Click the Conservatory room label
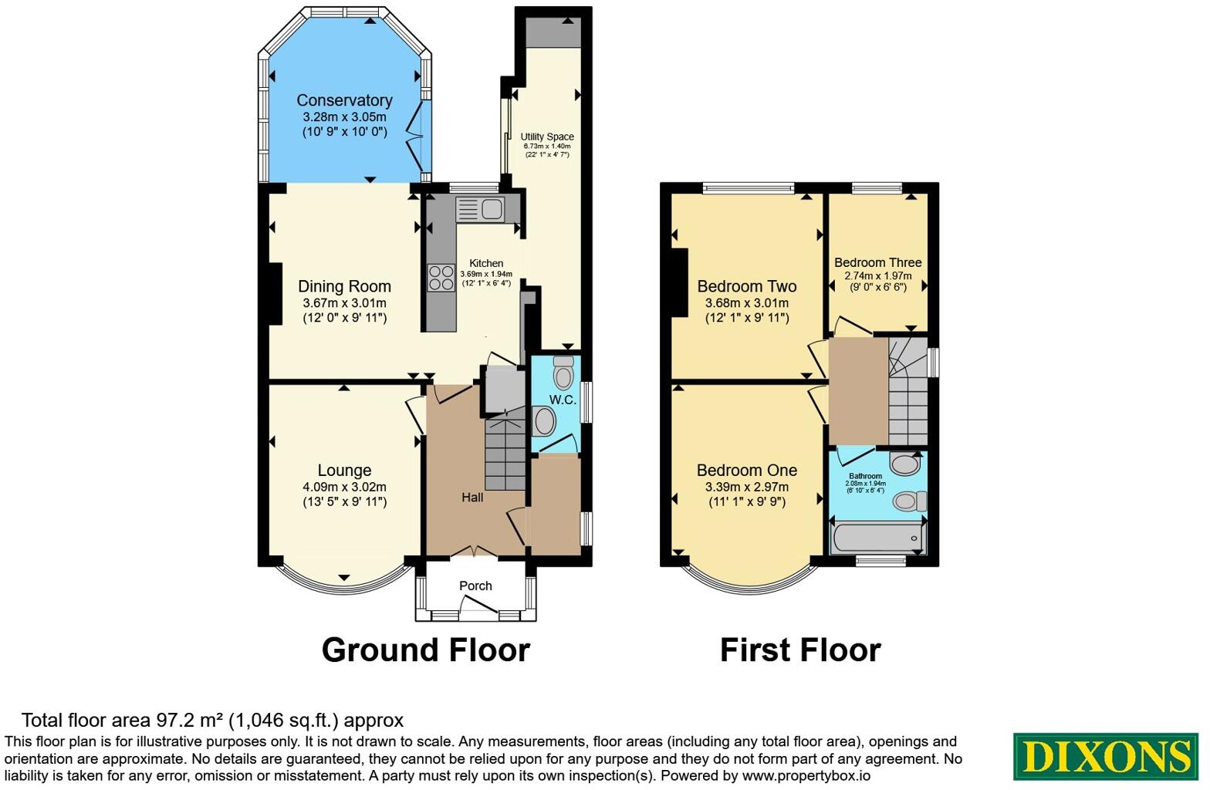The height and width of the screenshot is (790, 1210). [x=344, y=100]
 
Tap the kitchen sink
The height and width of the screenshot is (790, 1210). [x=480, y=209]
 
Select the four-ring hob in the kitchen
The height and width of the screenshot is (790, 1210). [x=441, y=278]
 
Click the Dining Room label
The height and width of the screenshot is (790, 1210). [x=344, y=286]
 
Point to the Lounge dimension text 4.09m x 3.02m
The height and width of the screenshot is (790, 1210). [x=344, y=487]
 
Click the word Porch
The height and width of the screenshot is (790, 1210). [x=475, y=586]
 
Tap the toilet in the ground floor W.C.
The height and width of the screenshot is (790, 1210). [x=563, y=372]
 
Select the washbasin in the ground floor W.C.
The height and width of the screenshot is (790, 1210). [x=543, y=421]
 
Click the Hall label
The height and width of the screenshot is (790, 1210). [x=472, y=498]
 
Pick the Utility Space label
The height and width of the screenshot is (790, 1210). [x=547, y=137]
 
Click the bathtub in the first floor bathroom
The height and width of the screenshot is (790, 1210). [x=877, y=538]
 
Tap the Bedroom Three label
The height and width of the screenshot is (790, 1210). [x=878, y=262]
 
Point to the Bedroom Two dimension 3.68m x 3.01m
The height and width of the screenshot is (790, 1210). [x=746, y=303]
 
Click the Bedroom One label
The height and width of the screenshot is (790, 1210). [x=746, y=471]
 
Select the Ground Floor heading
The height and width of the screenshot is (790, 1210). [x=426, y=650]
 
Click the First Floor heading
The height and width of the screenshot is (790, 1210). [x=800, y=650]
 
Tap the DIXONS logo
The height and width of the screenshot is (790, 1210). [x=1105, y=757]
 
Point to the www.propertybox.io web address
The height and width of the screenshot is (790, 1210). [x=806, y=776]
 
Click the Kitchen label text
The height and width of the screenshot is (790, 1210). [x=486, y=264]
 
